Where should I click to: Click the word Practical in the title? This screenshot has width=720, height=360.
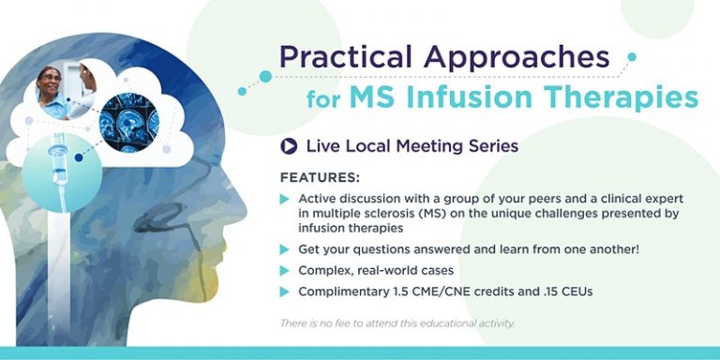(346, 59)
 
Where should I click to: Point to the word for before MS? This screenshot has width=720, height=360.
(323, 97)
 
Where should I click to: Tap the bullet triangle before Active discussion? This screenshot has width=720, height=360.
(285, 199)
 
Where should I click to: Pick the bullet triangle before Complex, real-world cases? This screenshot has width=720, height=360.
(285, 270)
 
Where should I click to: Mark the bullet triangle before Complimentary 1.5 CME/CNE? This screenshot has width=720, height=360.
(285, 292)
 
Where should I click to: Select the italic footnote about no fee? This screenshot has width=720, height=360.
(397, 323)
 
